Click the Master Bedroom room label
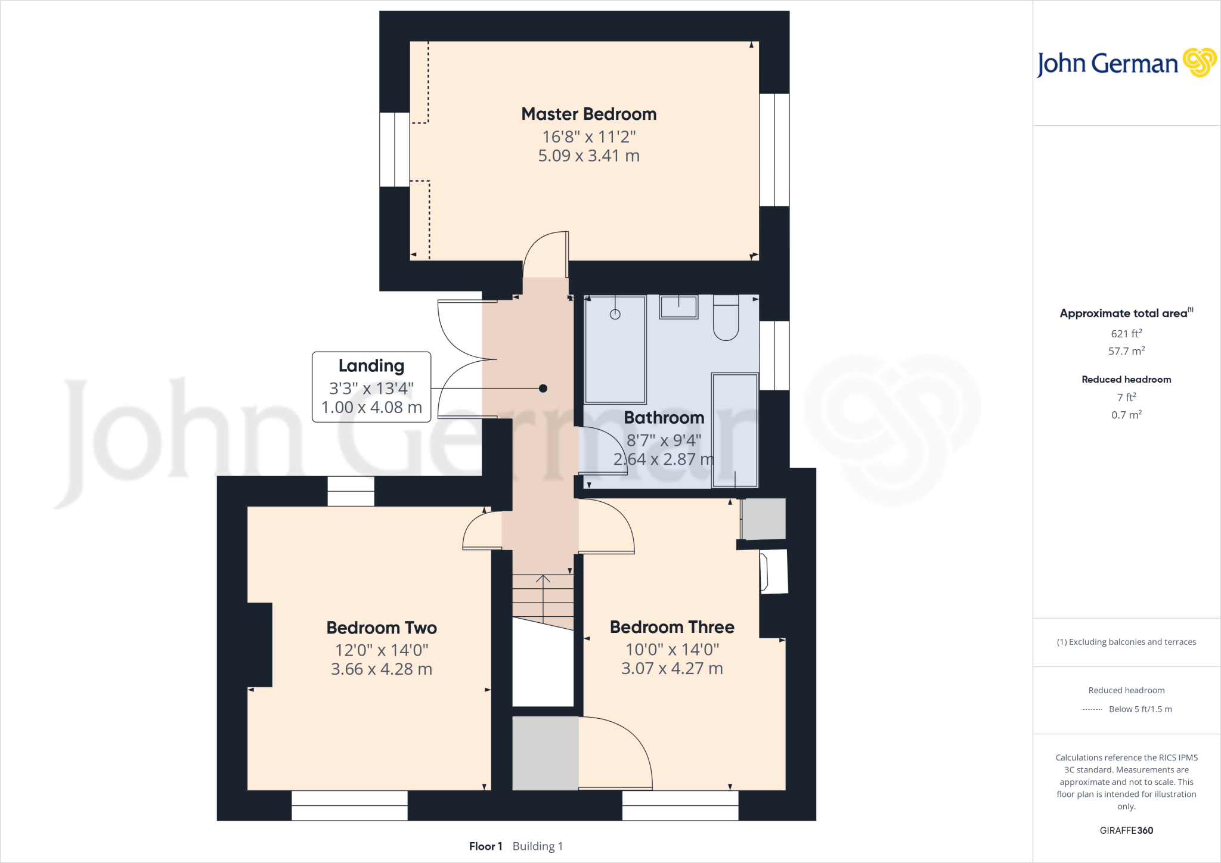click(588, 114)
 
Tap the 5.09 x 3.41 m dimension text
click(588, 156)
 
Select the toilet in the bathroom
click(726, 319)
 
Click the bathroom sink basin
click(678, 307)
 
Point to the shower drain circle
click(615, 314)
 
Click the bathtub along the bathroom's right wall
click(735, 429)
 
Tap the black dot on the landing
click(543, 389)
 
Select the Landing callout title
click(371, 366)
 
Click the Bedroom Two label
click(382, 628)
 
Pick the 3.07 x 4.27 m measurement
click(672, 669)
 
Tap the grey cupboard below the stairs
click(545, 753)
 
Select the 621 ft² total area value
click(1126, 334)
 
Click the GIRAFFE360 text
click(1126, 830)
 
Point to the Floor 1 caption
click(485, 846)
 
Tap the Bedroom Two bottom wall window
click(349, 805)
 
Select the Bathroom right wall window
click(774, 356)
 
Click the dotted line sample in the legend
click(1091, 709)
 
